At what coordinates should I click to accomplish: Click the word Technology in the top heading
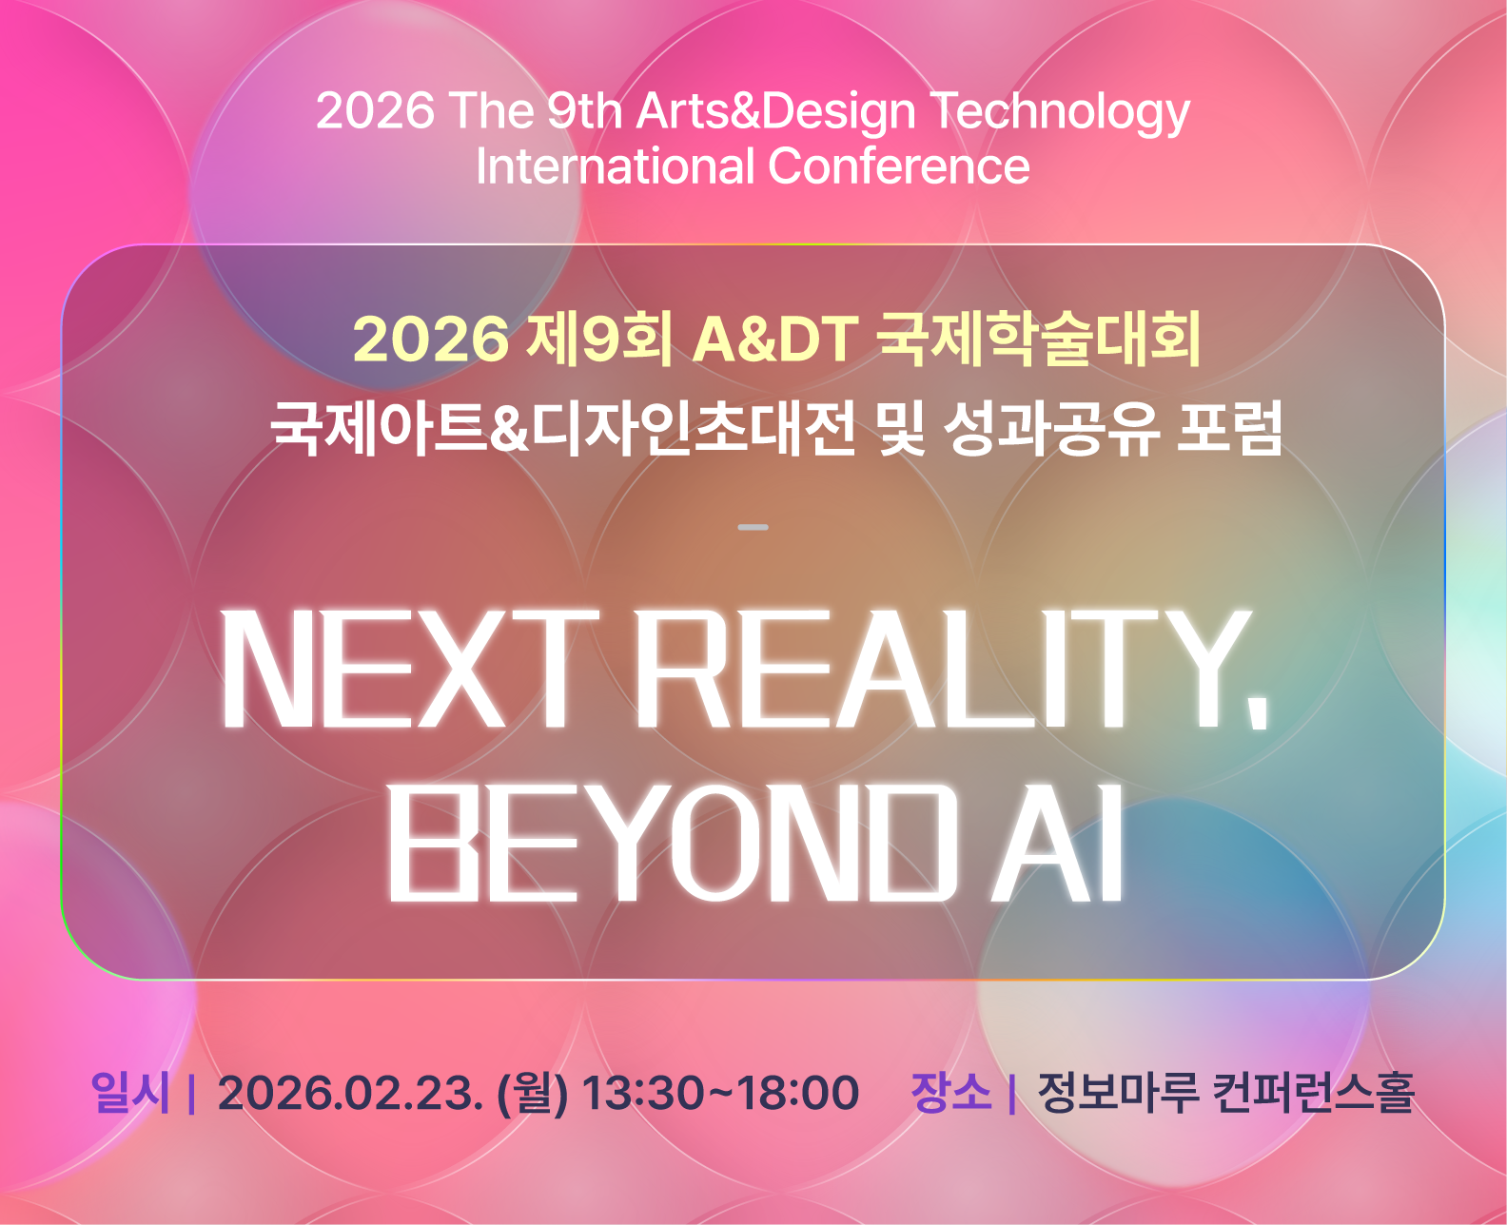pos(1060,113)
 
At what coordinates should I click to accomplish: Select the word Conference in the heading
pos(898,167)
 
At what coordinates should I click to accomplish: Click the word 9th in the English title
pos(584,111)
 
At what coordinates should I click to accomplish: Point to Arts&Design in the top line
pos(776,113)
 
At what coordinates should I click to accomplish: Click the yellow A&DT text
pos(775,340)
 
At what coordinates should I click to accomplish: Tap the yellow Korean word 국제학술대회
pos(1038,340)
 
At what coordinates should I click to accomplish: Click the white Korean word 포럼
pos(1229,428)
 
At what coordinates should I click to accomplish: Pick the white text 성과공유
pos(1052,428)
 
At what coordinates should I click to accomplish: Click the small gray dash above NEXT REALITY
pos(753,527)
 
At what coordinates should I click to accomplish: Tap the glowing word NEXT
pos(409,669)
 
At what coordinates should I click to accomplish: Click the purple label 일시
pos(130,1093)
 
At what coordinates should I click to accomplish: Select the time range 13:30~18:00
pos(720,1094)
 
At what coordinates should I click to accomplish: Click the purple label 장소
pos(950,1093)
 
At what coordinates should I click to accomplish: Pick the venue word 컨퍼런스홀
pos(1313,1093)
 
